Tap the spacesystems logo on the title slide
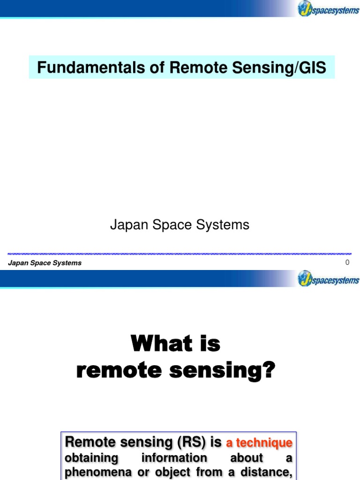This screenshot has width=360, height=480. pyautogui.click(x=329, y=9)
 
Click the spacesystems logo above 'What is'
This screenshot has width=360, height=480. pyautogui.click(x=329, y=279)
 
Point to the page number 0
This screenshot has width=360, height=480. pyautogui.click(x=347, y=262)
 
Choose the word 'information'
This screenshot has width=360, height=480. pyautogui.click(x=174, y=458)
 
